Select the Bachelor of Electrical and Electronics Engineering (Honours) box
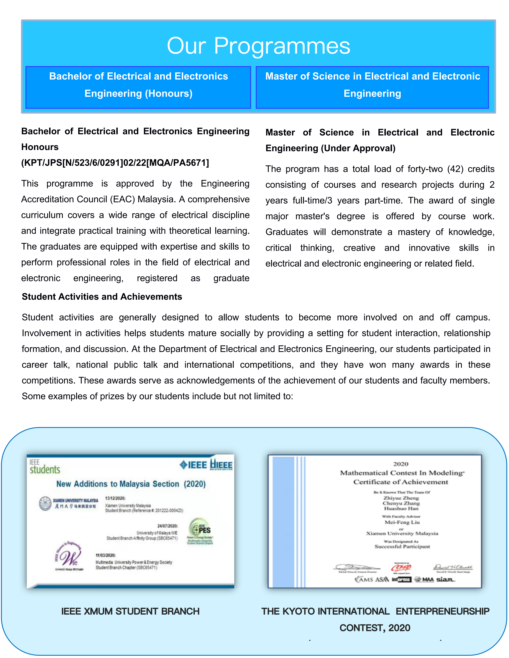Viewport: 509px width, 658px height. (138, 87)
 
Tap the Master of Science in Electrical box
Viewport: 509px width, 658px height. (372, 87)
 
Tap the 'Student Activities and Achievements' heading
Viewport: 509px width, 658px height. (102, 297)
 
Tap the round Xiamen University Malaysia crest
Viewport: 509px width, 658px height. (46, 503)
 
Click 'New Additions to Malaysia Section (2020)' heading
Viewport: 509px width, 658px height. (131, 484)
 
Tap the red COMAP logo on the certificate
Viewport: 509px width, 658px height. (401, 568)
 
